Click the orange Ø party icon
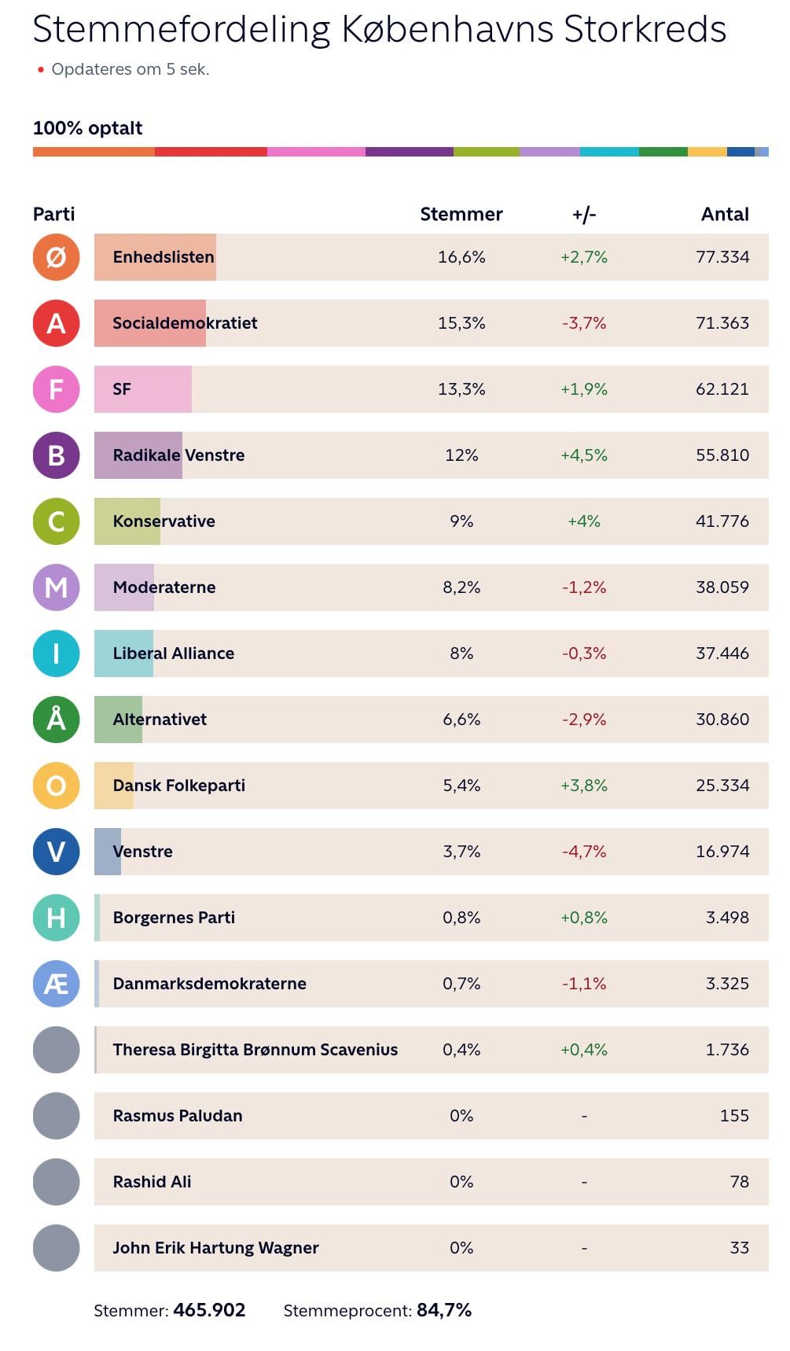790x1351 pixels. (56, 257)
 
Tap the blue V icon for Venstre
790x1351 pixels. (56, 852)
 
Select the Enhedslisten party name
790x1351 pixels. (164, 257)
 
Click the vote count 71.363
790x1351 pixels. (722, 323)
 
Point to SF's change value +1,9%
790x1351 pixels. (583, 389)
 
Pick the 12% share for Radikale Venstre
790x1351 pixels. (461, 455)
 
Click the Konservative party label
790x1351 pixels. (164, 521)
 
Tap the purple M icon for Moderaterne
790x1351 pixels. (56, 587)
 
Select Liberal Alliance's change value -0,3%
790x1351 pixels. (583, 653)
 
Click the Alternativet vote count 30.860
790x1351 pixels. (722, 720)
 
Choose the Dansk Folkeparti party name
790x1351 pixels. (178, 786)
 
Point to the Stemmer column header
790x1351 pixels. (461, 215)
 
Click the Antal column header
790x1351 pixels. (724, 215)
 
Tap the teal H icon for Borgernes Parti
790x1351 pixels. (56, 918)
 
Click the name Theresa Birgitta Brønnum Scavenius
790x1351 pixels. (255, 1050)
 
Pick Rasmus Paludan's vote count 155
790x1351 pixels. (733, 1116)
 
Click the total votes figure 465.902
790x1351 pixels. (209, 1310)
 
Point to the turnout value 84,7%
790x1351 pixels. (443, 1310)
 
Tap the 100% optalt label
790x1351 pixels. (87, 128)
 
